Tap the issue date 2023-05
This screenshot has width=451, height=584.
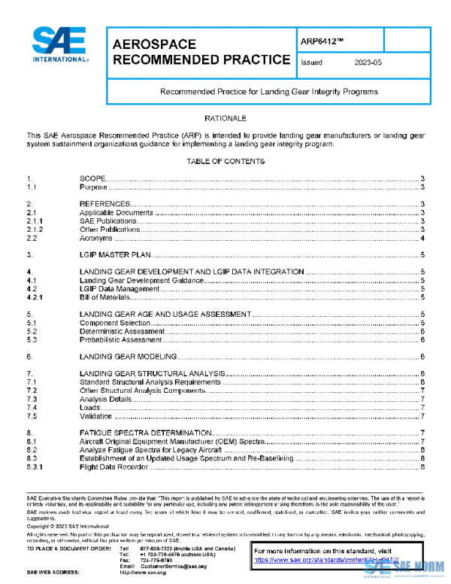368,63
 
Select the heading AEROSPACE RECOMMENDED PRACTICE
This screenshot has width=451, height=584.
201,52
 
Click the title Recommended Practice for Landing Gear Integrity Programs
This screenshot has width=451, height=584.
268,91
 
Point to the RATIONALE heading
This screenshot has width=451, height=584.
225,120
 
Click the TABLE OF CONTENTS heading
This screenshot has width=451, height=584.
225,162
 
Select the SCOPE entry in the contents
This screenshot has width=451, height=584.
92,178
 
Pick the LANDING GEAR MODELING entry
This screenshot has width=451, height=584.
128,357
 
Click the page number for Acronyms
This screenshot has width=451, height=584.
424,238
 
